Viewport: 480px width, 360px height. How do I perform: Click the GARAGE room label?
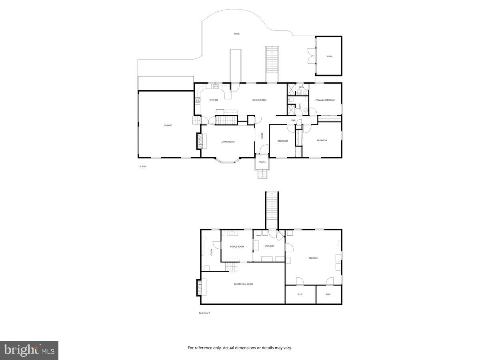[x=168, y=126]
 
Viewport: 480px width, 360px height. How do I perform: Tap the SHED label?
[x=329, y=56]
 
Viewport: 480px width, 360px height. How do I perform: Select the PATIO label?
[x=237, y=34]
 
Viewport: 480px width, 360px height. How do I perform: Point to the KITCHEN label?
[x=214, y=100]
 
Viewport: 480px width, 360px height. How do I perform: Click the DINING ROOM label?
[x=259, y=100]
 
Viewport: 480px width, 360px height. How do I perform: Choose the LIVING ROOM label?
[x=228, y=142]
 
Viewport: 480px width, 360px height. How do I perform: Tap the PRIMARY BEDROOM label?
[x=325, y=100]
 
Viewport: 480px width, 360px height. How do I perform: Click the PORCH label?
[x=262, y=162]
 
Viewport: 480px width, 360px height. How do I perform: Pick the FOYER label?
[x=262, y=136]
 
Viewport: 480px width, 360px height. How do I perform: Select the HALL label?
[x=293, y=120]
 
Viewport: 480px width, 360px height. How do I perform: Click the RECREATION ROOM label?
[x=243, y=284]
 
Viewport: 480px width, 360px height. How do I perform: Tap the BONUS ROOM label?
[x=237, y=246]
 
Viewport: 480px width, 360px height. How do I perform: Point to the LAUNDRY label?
[x=269, y=246]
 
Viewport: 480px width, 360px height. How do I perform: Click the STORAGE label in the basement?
[x=313, y=258]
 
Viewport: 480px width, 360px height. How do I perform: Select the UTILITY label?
[x=211, y=252]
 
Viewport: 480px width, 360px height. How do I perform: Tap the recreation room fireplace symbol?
[x=199, y=287]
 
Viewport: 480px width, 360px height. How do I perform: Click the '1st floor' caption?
[x=142, y=166]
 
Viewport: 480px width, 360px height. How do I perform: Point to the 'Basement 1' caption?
[x=204, y=313]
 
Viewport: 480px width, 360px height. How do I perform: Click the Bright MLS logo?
[x=29, y=350]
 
